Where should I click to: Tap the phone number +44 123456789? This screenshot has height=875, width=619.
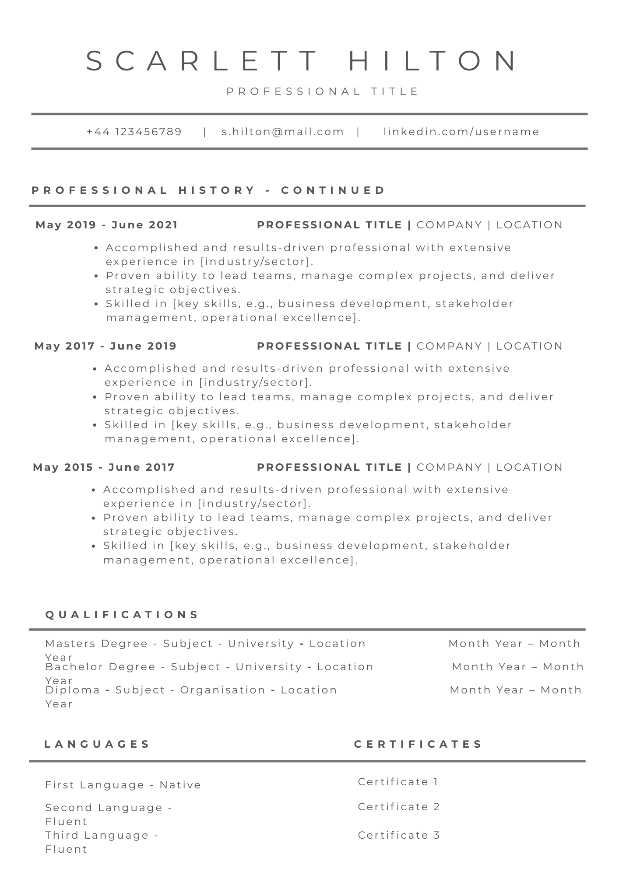pyautogui.click(x=134, y=132)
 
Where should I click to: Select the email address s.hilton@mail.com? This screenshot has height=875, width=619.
pyautogui.click(x=283, y=132)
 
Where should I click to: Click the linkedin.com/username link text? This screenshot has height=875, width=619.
pyautogui.click(x=461, y=132)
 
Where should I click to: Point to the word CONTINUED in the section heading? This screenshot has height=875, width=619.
pyautogui.click(x=333, y=190)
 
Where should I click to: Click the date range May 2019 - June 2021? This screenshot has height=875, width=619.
pyautogui.click(x=107, y=225)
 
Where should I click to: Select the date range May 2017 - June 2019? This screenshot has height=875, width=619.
pyautogui.click(x=106, y=346)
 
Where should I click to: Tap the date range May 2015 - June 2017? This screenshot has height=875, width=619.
pyautogui.click(x=104, y=467)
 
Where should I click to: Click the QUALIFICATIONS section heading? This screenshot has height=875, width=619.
pyautogui.click(x=122, y=615)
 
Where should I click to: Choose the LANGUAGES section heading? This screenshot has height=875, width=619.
pyautogui.click(x=97, y=744)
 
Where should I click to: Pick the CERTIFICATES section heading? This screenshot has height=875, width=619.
pyautogui.click(x=418, y=744)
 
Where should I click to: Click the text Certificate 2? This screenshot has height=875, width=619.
pyautogui.click(x=399, y=807)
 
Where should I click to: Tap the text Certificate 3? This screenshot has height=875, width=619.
pyautogui.click(x=399, y=835)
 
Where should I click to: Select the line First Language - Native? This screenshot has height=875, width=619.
pyautogui.click(x=123, y=785)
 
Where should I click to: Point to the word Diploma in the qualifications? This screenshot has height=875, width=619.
pyautogui.click(x=73, y=690)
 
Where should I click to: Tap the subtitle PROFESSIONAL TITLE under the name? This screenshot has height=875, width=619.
pyautogui.click(x=323, y=91)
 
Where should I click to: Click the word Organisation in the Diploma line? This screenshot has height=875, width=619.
pyautogui.click(x=223, y=690)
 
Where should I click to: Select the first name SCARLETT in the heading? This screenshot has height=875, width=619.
pyautogui.click(x=201, y=60)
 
